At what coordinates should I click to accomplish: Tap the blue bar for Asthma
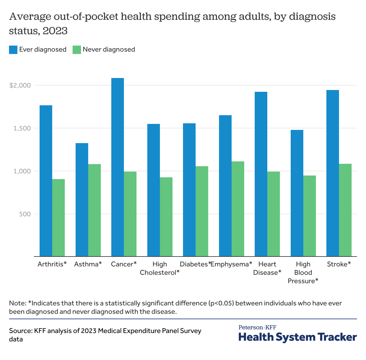[82, 200]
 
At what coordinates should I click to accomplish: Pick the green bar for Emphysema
[238, 209]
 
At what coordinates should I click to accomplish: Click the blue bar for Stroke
[333, 173]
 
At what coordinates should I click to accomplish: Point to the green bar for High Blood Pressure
[310, 216]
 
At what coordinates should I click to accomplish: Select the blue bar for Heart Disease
[261, 174]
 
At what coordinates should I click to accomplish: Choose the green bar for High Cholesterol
[166, 217]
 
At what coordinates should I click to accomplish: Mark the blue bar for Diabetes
[189, 190]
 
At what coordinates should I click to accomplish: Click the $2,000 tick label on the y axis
[20, 85]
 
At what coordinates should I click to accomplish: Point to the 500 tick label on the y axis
[25, 214]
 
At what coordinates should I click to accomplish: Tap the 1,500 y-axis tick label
[22, 128]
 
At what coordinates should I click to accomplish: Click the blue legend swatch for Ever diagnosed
[13, 50]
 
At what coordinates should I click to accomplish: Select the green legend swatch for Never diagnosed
[77, 50]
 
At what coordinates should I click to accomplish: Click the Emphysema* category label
[232, 264]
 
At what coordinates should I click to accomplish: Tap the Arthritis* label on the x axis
[52, 264]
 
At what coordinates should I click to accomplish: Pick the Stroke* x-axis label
[339, 264]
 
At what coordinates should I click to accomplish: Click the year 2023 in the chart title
[55, 31]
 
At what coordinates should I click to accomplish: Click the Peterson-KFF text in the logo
[257, 327]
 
